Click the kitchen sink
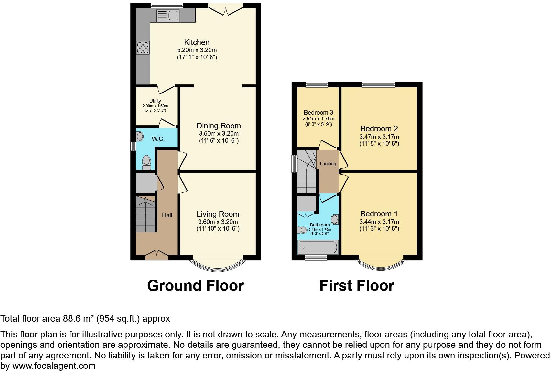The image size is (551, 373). (167, 15)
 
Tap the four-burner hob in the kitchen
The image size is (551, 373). (143, 48)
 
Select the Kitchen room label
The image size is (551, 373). (197, 42)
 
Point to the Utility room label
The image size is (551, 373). (155, 101)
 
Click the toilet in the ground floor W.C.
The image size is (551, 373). (147, 162)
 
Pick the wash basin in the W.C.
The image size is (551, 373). (140, 136)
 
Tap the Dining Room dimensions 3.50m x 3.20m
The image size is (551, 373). (219, 133)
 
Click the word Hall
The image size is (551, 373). (167, 215)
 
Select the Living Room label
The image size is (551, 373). (218, 214)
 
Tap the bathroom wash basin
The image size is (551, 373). (335, 220)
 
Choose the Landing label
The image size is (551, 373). (328, 164)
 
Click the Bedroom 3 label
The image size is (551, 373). (318, 112)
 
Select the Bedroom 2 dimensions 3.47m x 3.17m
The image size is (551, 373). (379, 137)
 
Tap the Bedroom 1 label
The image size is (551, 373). (379, 214)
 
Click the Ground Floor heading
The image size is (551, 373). (195, 286)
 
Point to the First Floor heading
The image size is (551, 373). (357, 286)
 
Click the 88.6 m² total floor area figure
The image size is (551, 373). (77, 319)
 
